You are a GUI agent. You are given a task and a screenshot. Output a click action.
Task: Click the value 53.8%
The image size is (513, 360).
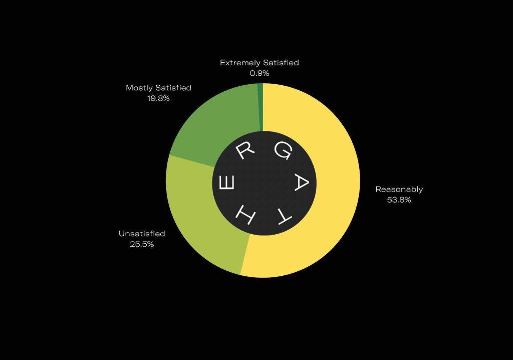point(399,200)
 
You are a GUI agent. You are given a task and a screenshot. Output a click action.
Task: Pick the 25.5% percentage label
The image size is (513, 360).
point(142,244)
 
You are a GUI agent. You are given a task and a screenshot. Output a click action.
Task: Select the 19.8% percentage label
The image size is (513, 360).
point(158,98)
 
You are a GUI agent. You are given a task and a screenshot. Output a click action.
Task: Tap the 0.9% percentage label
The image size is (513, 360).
point(260,73)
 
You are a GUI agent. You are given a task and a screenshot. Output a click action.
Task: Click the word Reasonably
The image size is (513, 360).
point(399,190)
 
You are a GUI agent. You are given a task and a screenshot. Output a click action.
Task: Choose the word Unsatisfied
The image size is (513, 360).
point(142,234)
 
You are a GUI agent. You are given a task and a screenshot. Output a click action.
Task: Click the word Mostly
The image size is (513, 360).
point(139,88)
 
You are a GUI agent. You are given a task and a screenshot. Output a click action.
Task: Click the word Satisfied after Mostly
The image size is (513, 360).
point(173,88)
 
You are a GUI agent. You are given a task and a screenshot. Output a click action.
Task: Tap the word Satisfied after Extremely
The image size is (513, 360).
point(281,63)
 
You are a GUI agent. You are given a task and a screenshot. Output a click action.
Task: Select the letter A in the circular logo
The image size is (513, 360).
point(301,183)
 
